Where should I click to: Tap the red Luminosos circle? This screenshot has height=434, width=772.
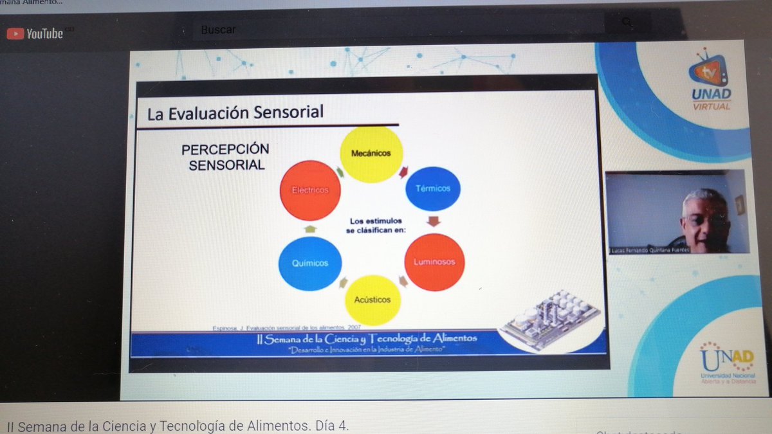(434, 262)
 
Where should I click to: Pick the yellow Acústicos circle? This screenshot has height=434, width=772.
(372, 300)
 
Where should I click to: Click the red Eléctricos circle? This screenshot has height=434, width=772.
(310, 190)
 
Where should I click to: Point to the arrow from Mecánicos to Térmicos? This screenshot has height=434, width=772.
(404, 172)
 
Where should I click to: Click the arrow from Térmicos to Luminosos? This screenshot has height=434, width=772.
(434, 222)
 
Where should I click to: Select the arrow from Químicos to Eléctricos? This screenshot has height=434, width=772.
(310, 228)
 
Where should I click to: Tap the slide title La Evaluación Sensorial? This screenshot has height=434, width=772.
(235, 114)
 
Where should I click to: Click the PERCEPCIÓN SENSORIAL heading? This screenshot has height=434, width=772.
(225, 157)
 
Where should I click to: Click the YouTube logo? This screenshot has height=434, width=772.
(35, 33)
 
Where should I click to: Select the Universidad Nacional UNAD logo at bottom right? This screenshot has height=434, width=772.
(727, 363)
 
